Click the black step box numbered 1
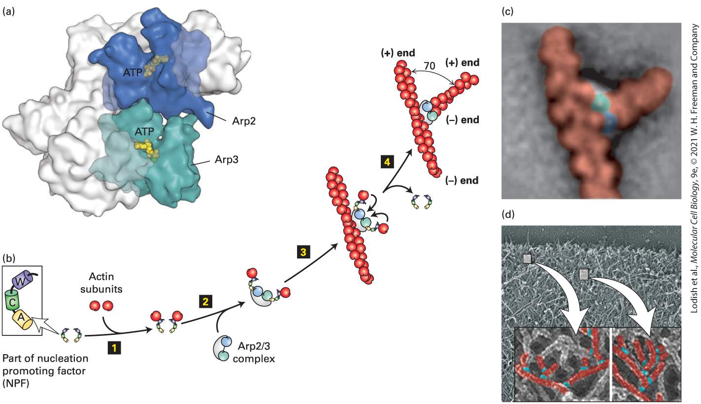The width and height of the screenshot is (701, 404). (x=114, y=348)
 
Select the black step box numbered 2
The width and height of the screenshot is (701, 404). (x=205, y=302)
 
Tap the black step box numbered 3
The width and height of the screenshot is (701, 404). (x=303, y=252)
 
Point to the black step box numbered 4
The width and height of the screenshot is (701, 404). (x=387, y=162)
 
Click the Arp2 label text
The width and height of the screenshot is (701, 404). (x=244, y=121)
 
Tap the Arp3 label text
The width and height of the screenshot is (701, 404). (x=226, y=159)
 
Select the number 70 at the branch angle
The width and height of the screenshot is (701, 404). (x=430, y=66)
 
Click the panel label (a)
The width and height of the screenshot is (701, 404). (x=8, y=12)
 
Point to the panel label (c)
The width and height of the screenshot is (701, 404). (x=507, y=12)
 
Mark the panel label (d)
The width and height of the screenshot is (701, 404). (x=508, y=215)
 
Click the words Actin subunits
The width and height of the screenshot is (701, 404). (x=101, y=282)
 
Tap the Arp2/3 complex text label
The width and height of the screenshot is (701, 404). (x=254, y=352)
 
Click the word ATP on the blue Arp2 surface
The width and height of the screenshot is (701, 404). (x=133, y=73)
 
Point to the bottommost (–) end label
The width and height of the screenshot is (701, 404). (x=462, y=180)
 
